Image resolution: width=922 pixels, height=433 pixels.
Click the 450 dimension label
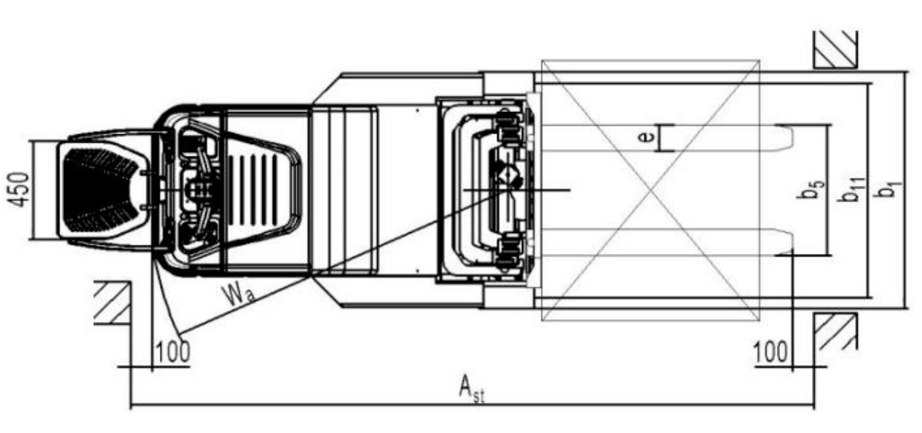click(x=20, y=190)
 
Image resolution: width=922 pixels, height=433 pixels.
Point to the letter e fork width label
click(x=647, y=138)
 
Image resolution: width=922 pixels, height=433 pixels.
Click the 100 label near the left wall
click(x=172, y=352)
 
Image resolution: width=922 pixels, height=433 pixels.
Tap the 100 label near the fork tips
click(x=770, y=352)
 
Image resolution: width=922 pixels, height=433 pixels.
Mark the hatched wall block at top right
click(x=836, y=49)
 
